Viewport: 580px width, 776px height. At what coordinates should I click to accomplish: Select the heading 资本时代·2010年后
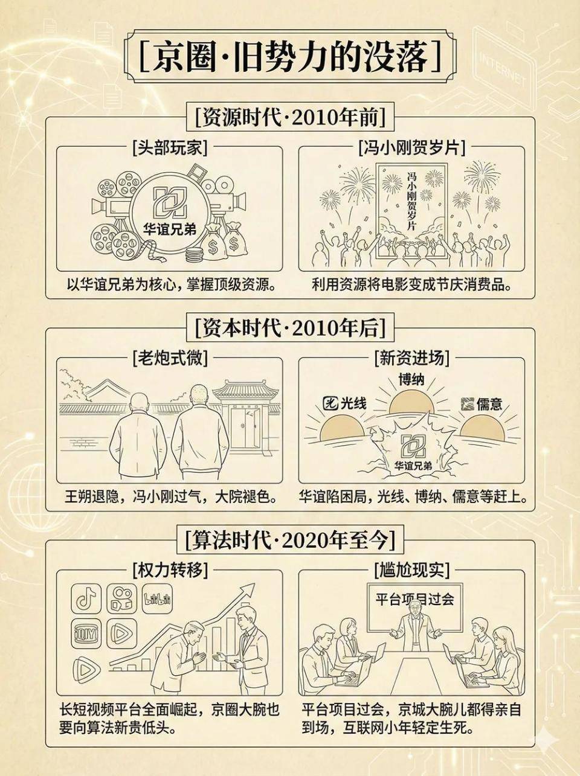coord(290,329)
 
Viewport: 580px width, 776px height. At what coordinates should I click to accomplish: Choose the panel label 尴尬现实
coord(411,570)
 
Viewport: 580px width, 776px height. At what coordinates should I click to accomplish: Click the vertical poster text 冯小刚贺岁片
coord(411,201)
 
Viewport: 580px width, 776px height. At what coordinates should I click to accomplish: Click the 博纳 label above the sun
coord(411,380)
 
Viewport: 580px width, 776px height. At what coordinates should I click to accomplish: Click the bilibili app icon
coord(157,598)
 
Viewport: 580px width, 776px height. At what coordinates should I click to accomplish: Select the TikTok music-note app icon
coord(86,598)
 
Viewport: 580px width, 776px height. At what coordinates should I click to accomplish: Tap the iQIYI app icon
coord(86,633)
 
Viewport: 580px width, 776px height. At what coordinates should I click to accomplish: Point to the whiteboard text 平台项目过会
coord(414,600)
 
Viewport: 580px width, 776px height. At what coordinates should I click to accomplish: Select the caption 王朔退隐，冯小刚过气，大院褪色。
coord(170,496)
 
